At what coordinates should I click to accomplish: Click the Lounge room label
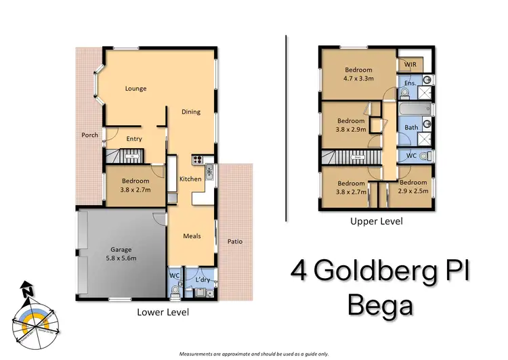(x=135, y=89)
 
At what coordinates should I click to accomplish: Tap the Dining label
(x=191, y=112)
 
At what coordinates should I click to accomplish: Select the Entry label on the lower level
(x=134, y=139)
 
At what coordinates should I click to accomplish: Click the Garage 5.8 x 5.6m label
(x=121, y=254)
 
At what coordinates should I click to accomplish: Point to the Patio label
(x=235, y=242)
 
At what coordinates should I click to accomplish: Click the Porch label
(x=90, y=135)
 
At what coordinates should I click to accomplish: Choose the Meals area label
(x=192, y=236)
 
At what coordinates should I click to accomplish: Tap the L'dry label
(x=200, y=279)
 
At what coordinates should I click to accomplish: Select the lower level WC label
(x=173, y=275)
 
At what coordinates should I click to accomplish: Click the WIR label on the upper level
(x=410, y=64)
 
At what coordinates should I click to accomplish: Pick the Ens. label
(x=409, y=83)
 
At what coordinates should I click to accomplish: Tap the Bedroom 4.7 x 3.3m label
(x=358, y=74)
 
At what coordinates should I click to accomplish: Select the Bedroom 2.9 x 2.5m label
(x=412, y=187)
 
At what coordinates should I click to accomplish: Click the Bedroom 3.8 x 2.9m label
(x=352, y=126)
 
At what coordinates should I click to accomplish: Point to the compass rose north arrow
(x=27, y=290)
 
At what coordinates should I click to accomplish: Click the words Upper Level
(x=376, y=221)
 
